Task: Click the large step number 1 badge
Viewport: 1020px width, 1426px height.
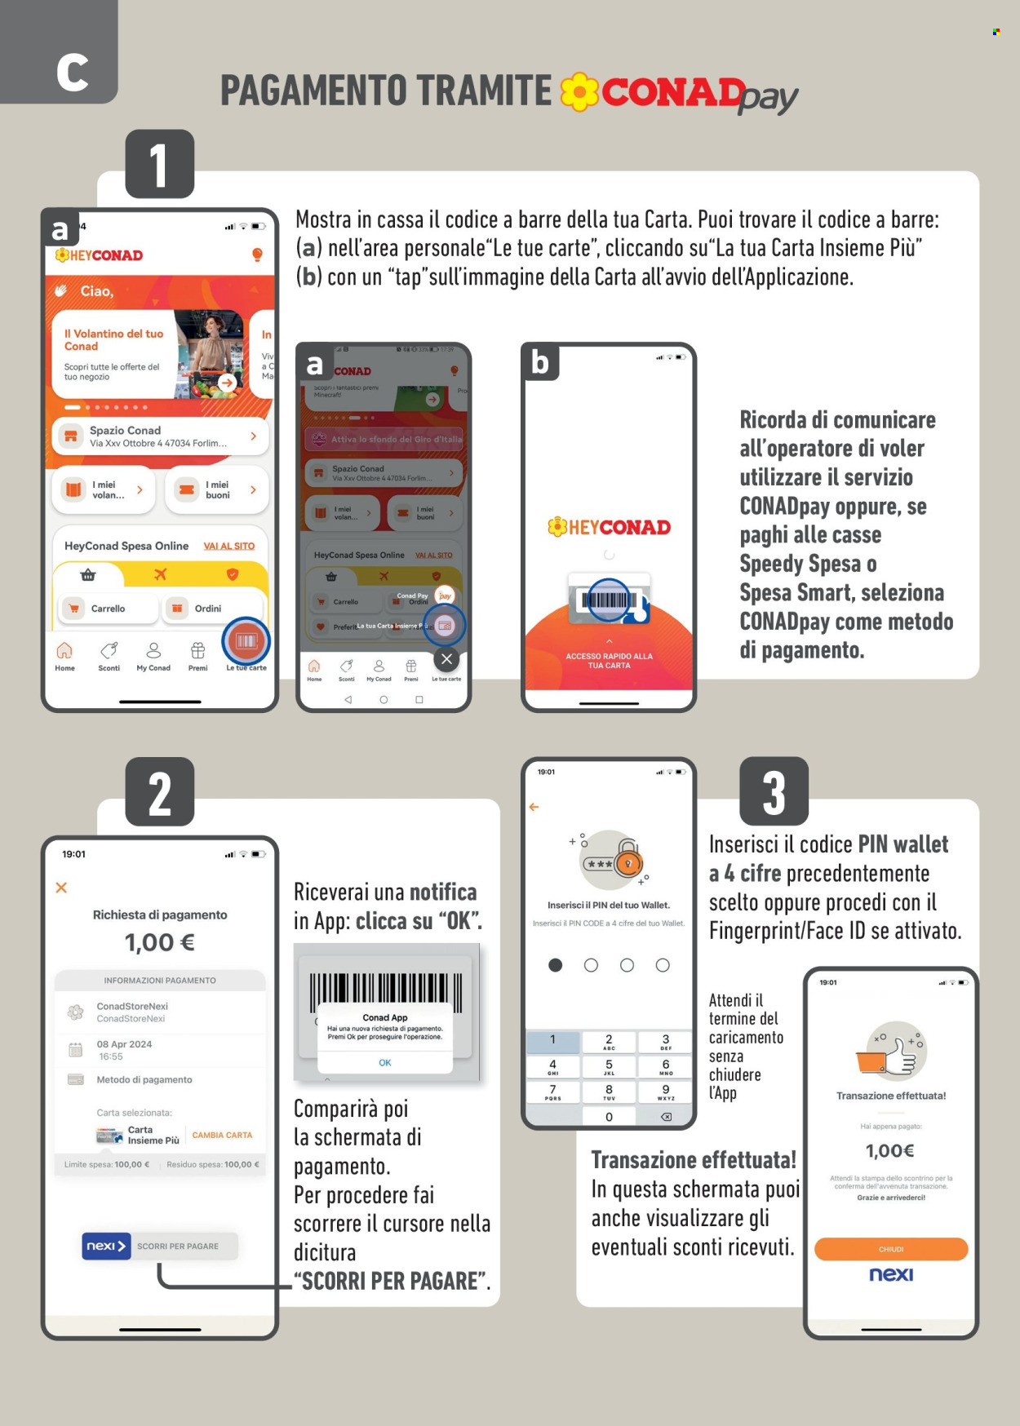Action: coord(159,164)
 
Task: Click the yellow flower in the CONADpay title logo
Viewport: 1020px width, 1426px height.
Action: coord(579,91)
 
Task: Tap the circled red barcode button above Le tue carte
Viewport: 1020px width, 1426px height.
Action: coord(246,641)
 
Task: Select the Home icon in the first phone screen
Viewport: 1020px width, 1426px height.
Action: coord(64,655)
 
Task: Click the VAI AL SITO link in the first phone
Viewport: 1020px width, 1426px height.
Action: coord(228,546)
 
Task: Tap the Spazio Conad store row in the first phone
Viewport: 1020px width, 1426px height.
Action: coord(160,436)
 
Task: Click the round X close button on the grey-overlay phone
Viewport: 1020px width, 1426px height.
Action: coord(446,659)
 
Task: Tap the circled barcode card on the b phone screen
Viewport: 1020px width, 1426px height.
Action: coord(609,600)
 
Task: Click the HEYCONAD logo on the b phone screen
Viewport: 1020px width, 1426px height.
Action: coord(609,527)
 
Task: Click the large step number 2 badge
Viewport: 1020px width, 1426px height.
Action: coord(159,792)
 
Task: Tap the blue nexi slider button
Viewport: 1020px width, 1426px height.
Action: coord(106,1246)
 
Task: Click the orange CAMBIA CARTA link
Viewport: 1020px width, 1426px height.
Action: coord(222,1135)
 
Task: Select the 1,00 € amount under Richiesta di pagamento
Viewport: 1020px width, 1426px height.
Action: coord(159,943)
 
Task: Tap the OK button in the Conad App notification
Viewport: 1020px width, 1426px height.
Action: coord(385,1062)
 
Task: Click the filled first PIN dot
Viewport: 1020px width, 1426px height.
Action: coord(556,965)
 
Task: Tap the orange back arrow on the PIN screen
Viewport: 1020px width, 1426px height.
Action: coord(534,807)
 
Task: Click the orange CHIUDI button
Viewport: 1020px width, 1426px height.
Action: coord(890,1249)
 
